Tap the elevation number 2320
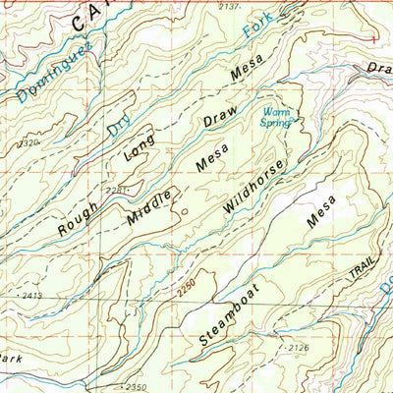pos(29,142)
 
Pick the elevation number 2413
pos(28,294)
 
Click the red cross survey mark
pos(373,38)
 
